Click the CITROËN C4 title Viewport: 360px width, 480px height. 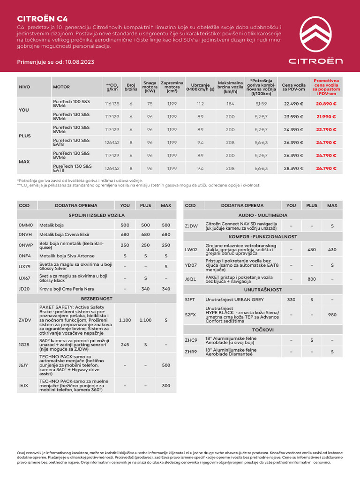click(x=42, y=19)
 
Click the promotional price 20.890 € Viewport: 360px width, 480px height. click(x=326, y=104)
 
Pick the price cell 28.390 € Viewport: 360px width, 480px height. click(x=293, y=168)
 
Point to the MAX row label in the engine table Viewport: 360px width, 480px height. click(x=24, y=162)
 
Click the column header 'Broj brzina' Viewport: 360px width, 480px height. click(x=131, y=87)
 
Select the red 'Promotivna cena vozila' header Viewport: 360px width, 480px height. click(x=326, y=87)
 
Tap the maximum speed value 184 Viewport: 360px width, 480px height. click(x=230, y=104)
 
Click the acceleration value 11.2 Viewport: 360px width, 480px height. click(x=200, y=104)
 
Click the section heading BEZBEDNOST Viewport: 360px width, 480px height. click(x=97, y=298)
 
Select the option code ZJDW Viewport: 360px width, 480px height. click(x=191, y=226)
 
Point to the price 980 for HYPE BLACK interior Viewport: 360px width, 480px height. click(x=332, y=315)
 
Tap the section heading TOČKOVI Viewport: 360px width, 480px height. click(x=262, y=330)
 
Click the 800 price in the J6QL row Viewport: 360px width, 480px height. click(x=312, y=279)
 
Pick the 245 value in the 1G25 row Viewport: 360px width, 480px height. click(x=125, y=345)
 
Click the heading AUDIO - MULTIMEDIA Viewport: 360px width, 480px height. click(x=262, y=215)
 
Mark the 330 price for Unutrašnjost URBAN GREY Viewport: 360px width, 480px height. click(x=291, y=299)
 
